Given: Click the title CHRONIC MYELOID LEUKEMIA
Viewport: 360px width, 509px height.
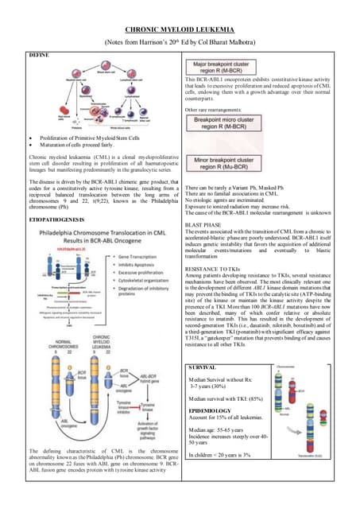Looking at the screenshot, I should click(180, 28).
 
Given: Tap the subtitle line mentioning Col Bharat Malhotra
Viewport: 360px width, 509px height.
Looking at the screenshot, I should click(180, 41).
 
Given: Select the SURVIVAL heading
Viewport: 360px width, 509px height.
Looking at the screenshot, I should click(203, 369).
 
